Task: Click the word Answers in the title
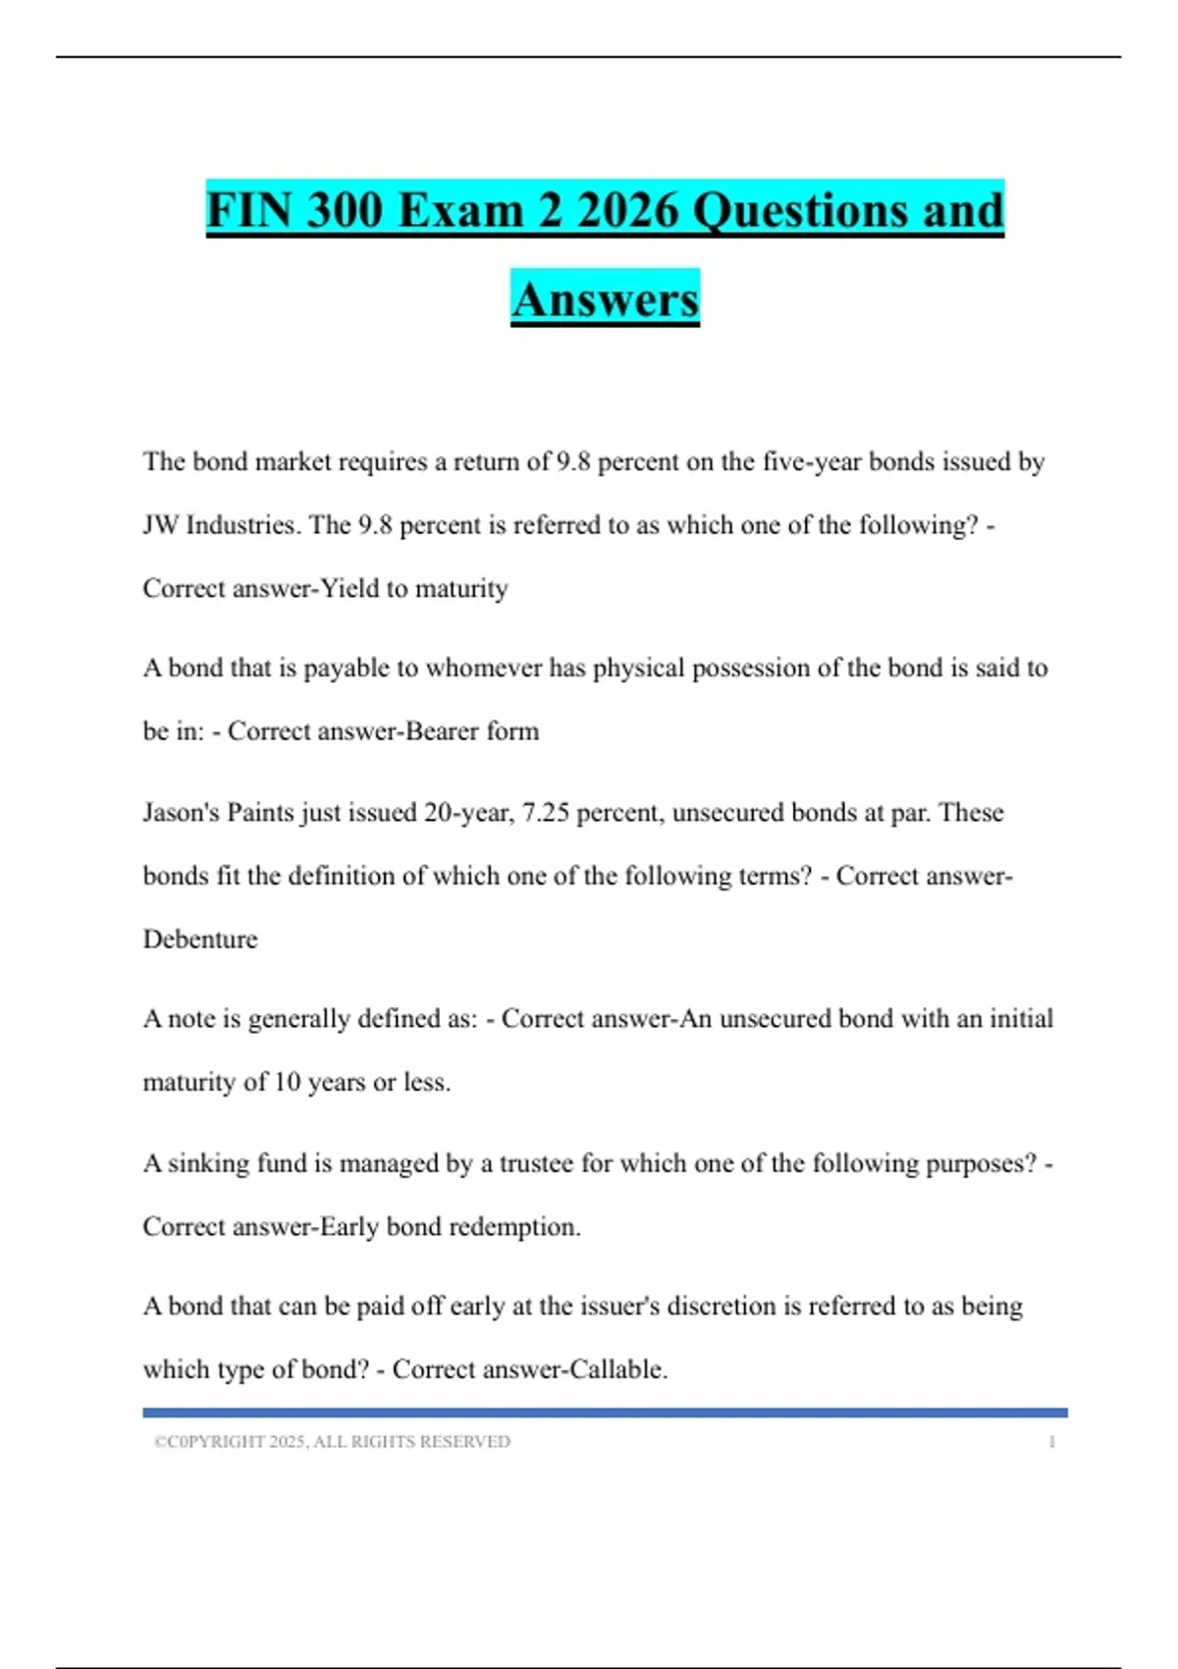tap(605, 298)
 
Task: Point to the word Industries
tap(241, 525)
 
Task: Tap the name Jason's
tap(181, 813)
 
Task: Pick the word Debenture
tap(200, 940)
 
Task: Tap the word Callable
tap(618, 1370)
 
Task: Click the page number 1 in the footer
tap(1051, 1442)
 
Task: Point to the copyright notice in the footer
tap(332, 1442)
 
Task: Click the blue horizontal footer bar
tap(605, 1413)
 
